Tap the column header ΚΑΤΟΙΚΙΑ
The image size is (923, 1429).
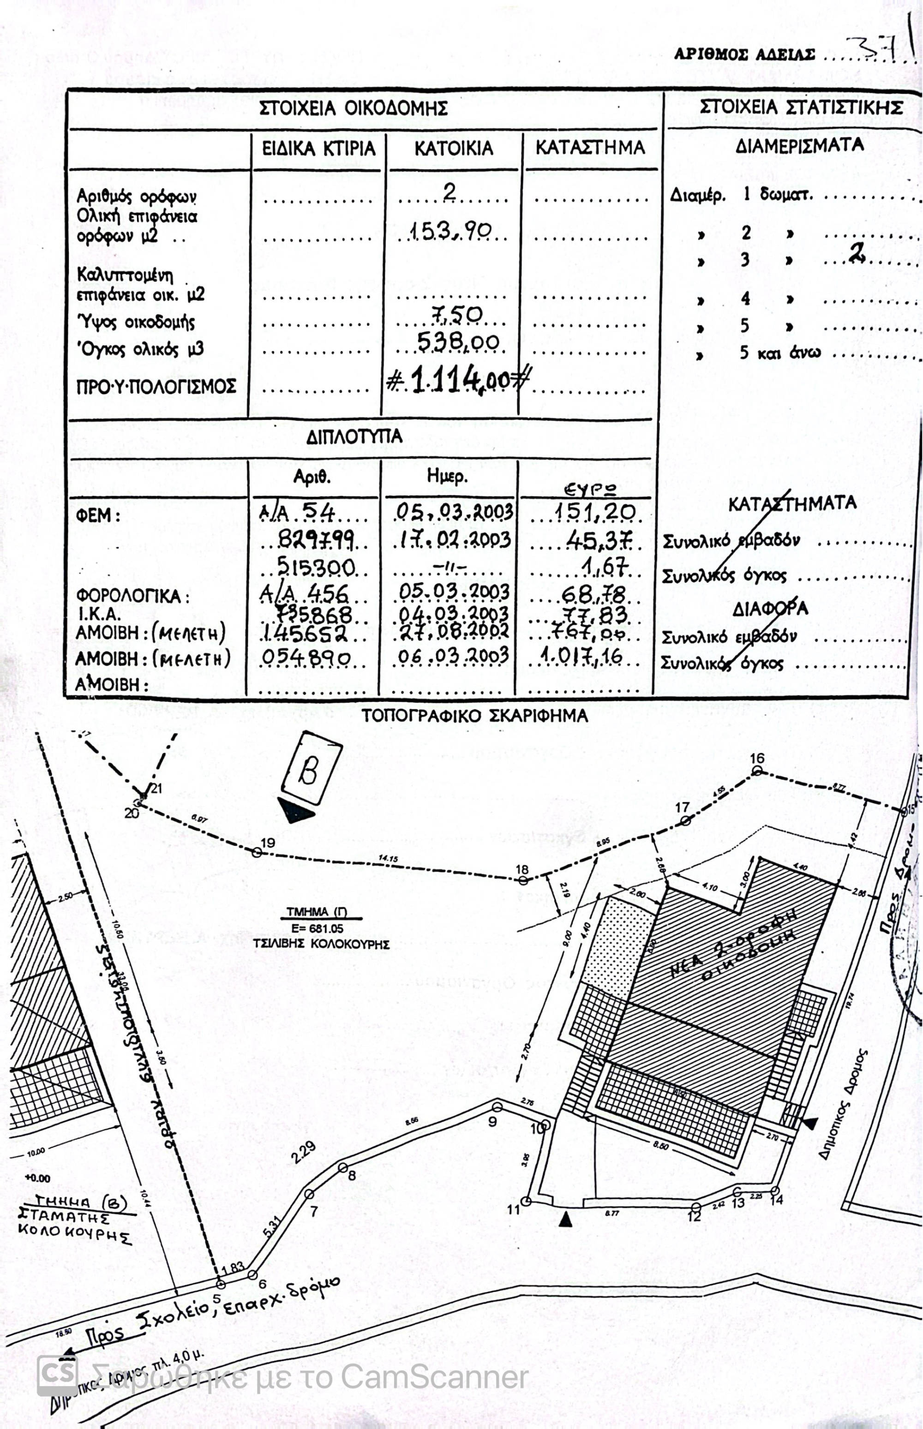[454, 148]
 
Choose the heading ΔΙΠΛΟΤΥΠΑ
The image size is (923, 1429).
[354, 437]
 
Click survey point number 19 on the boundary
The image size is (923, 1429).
[257, 851]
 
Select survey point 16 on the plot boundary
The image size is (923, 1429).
[757, 771]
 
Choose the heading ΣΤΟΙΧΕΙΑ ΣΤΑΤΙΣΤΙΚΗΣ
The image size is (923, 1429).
[801, 108]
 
